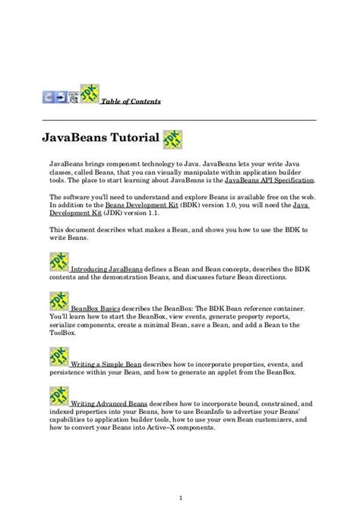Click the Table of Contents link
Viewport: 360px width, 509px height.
coord(131,102)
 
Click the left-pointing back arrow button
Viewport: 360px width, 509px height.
coord(48,97)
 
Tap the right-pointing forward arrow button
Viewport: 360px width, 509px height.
coord(61,97)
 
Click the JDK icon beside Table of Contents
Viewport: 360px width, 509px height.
coord(90,94)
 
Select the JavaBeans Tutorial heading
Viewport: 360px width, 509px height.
coord(99,138)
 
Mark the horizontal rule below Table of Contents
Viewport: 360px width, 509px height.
coord(179,120)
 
